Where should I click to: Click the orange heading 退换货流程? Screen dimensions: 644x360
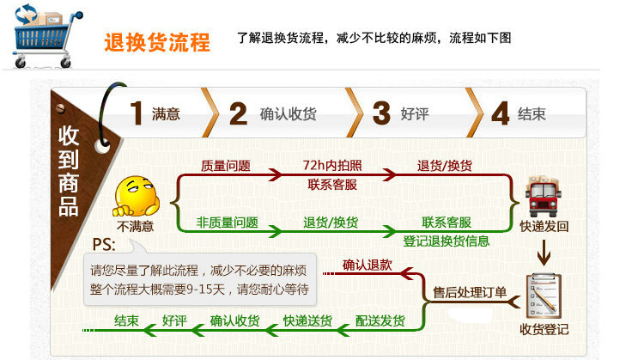click(157, 41)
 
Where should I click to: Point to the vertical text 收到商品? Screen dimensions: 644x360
click(69, 171)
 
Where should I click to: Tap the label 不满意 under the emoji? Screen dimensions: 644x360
click(136, 227)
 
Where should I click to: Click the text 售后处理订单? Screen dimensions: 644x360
click(470, 293)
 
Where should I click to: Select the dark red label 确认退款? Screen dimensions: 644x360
click(368, 265)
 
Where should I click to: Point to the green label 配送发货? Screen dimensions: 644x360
click(380, 321)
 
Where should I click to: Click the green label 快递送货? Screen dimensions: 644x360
click(307, 321)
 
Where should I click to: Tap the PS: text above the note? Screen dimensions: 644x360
click(105, 243)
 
